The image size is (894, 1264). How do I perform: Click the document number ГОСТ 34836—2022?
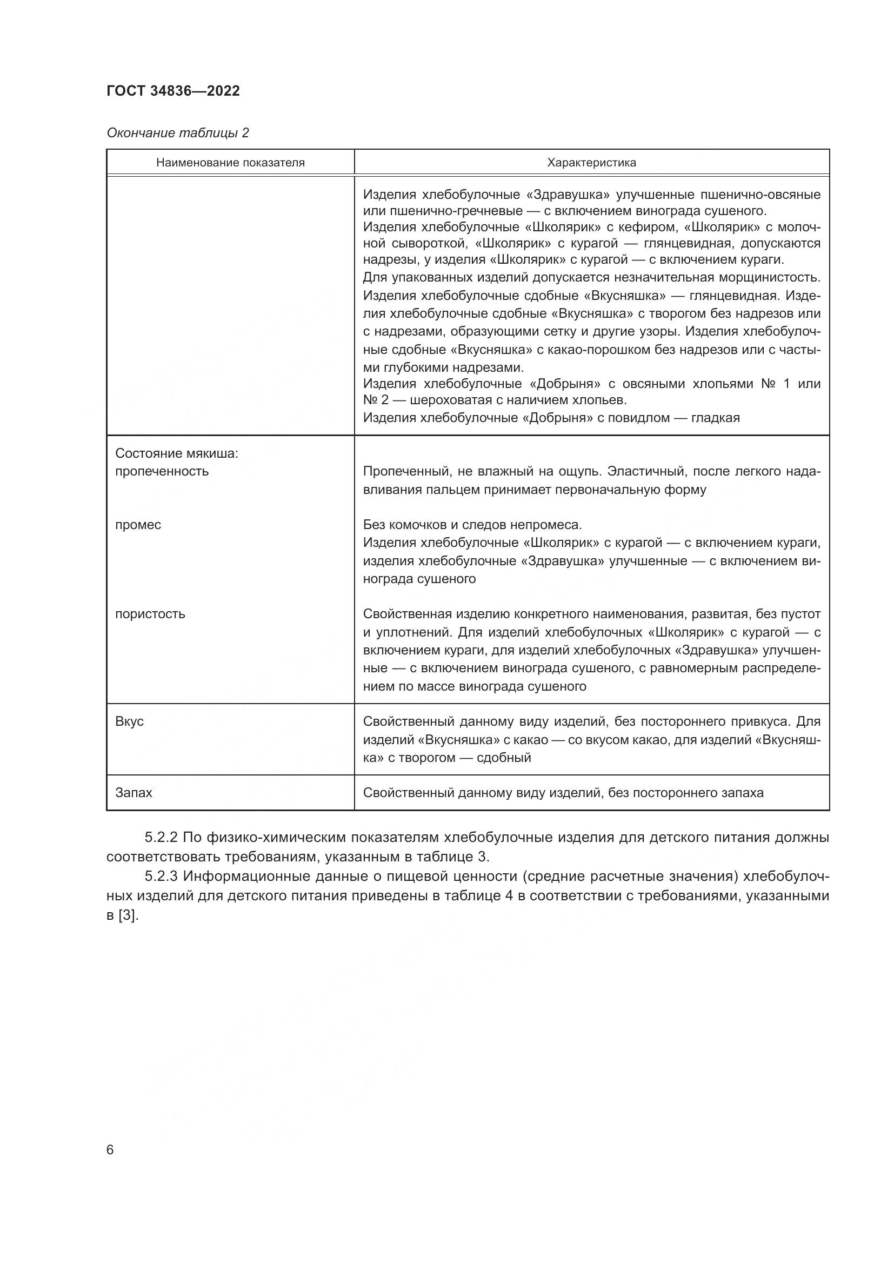[x=173, y=91]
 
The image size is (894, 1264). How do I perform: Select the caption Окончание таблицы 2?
[x=177, y=133]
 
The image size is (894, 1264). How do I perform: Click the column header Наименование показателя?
[x=230, y=163]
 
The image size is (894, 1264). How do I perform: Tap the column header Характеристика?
[x=591, y=163]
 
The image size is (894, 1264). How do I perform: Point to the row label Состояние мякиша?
[x=176, y=453]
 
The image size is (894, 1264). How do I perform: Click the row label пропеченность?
[x=162, y=471]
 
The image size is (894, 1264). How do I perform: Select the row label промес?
[x=138, y=525]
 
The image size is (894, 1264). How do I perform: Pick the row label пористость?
[x=150, y=614]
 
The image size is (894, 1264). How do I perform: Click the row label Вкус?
[x=129, y=721]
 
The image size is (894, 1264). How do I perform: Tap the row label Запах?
[x=134, y=793]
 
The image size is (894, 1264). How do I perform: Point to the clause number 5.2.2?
[x=160, y=837]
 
